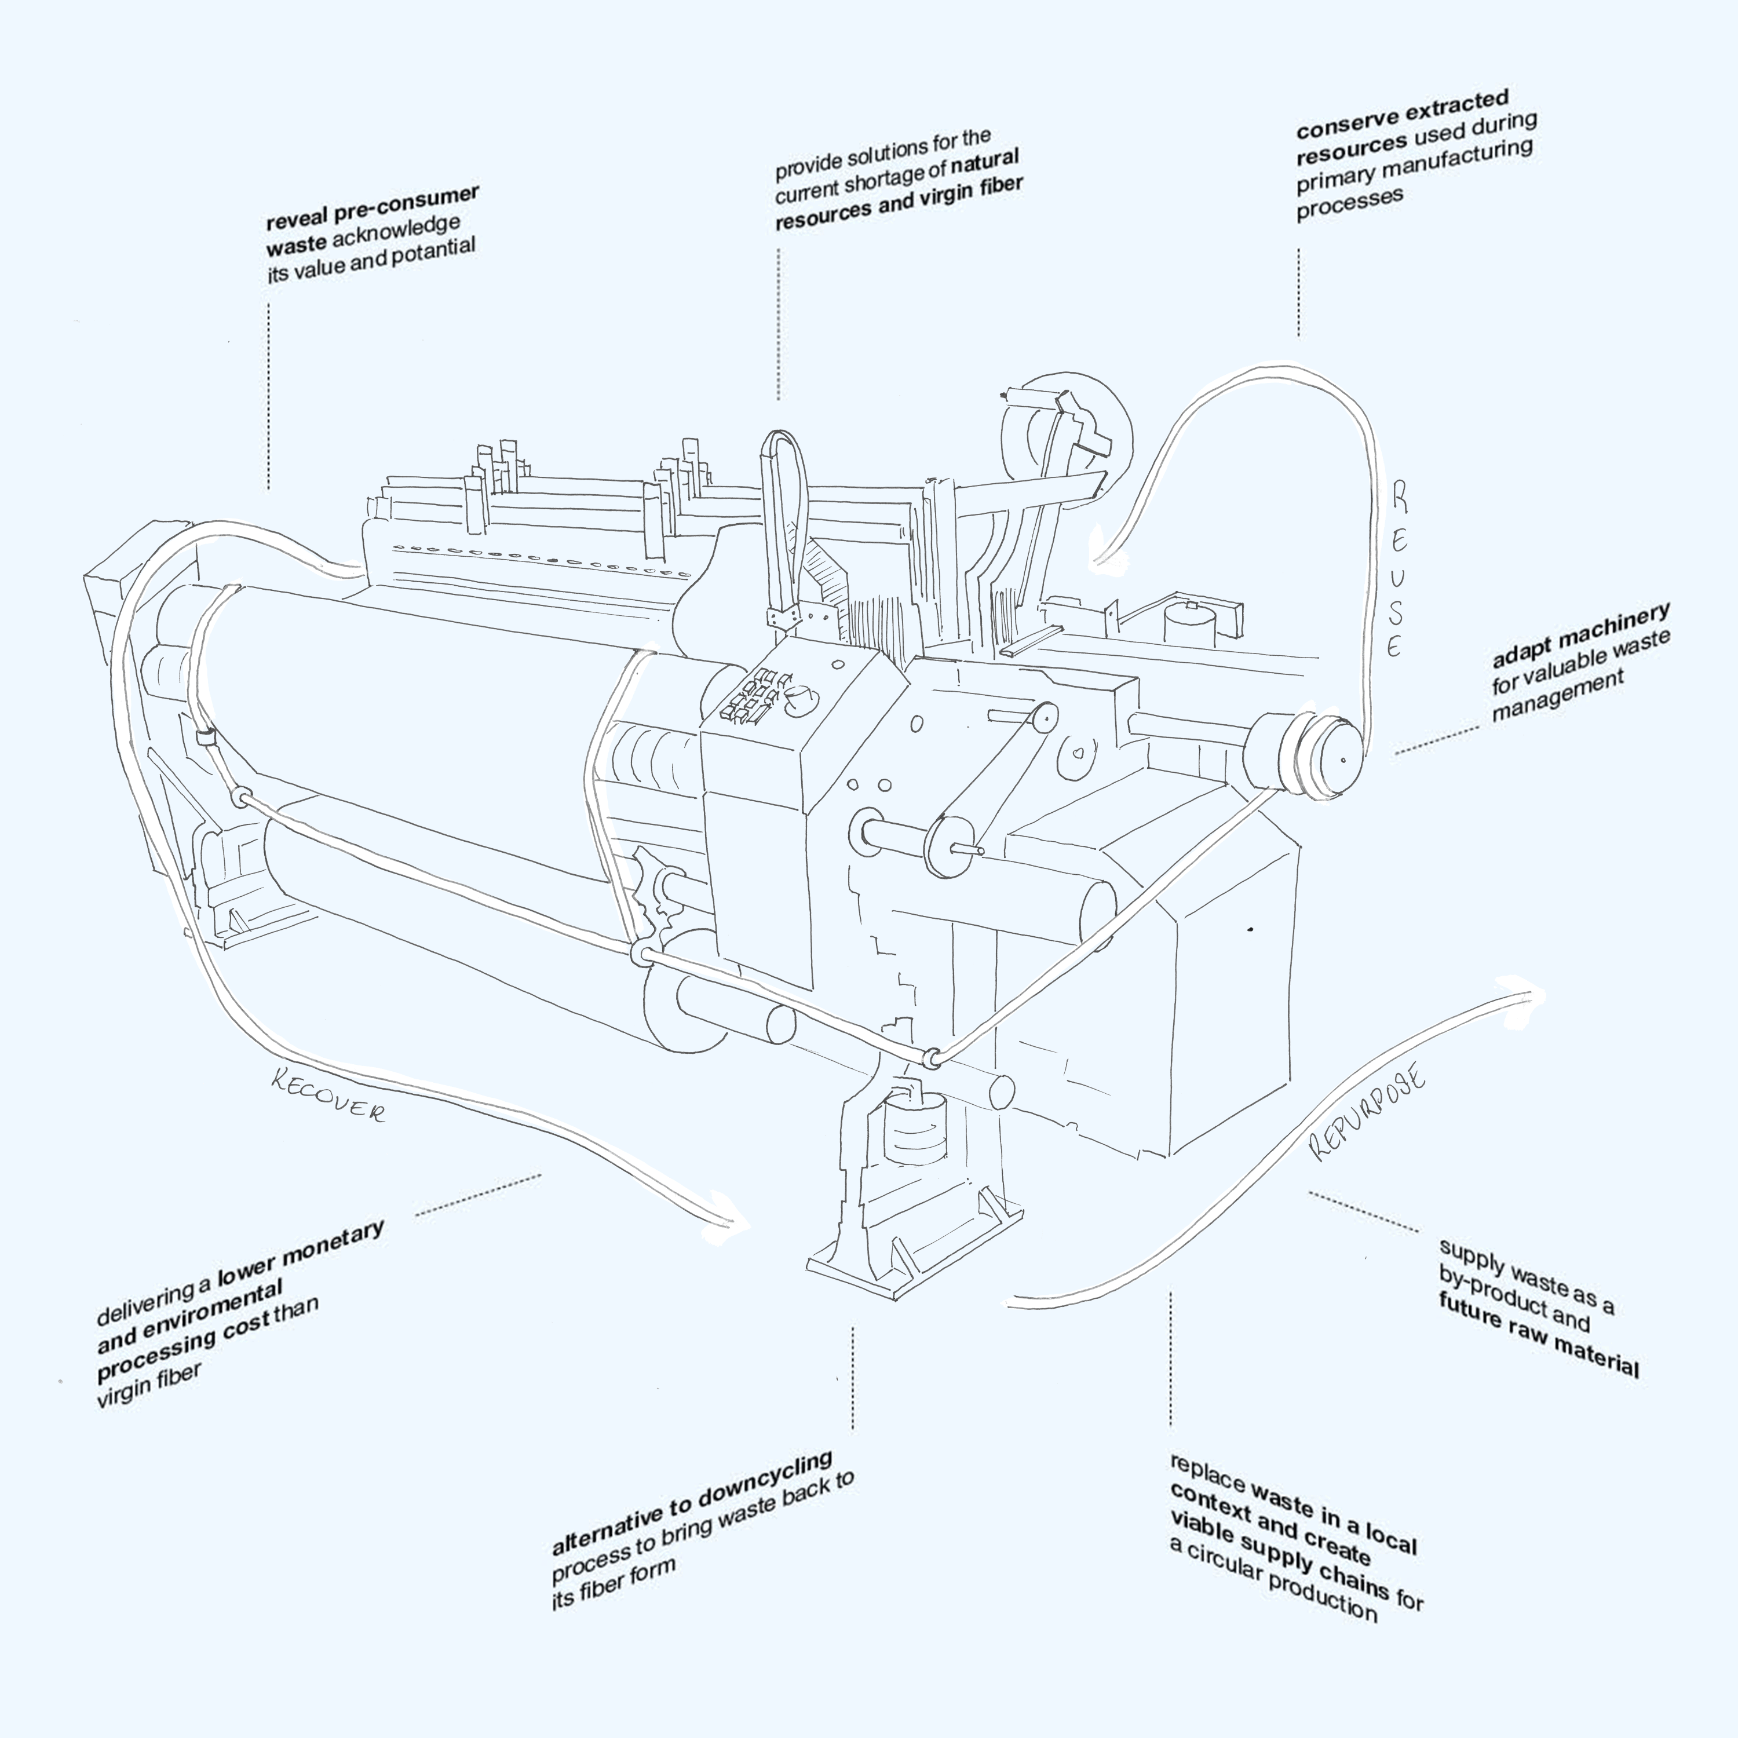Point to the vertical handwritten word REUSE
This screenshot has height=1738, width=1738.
pyautogui.click(x=1397, y=568)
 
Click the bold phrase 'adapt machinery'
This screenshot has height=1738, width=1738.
pyautogui.click(x=1580, y=635)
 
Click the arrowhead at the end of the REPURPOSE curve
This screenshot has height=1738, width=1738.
pyautogui.click(x=1529, y=992)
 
